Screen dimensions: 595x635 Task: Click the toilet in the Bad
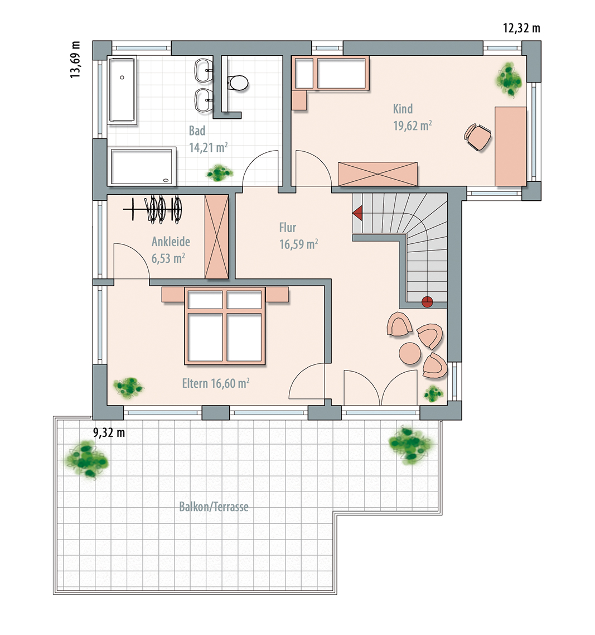tap(238, 83)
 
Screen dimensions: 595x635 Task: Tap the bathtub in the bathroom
tap(122, 90)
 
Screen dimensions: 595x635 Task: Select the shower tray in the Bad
tap(142, 167)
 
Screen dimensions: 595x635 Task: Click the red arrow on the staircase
tap(357, 213)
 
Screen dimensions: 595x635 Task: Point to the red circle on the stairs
tap(427, 302)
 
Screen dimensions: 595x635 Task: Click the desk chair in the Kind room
tap(478, 137)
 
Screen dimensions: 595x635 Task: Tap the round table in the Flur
tap(410, 353)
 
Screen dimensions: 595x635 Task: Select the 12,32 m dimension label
tap(521, 28)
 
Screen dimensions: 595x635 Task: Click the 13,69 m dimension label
tap(75, 59)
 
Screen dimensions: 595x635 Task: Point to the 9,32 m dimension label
tap(109, 432)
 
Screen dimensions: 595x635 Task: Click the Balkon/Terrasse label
tap(214, 507)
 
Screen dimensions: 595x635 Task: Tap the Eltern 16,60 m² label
tap(216, 383)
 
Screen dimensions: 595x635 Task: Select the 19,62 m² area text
tap(413, 126)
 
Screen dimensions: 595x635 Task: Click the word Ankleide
tap(171, 242)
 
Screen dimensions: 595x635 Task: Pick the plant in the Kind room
tap(509, 80)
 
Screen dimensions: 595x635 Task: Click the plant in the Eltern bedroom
tap(128, 388)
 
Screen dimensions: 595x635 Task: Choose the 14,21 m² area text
tap(209, 147)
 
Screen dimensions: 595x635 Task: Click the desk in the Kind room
tap(511, 146)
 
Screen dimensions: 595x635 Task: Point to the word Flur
tap(287, 228)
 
